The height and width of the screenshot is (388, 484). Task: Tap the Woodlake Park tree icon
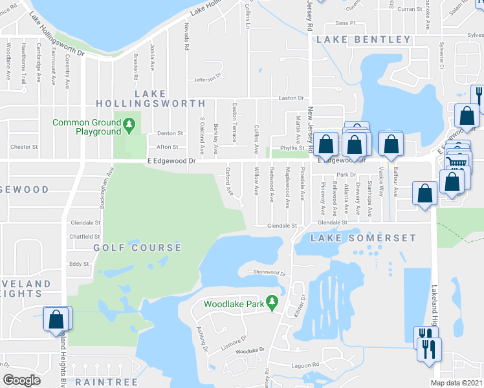tap(272, 302)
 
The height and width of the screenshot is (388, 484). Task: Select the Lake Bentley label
tap(363, 40)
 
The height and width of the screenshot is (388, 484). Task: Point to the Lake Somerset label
tap(363, 239)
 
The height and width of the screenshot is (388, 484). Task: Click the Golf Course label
tap(137, 248)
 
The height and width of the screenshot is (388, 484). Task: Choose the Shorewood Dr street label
tap(269, 273)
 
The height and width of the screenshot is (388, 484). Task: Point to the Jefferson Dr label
tap(207, 80)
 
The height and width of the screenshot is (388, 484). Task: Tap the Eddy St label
tap(79, 264)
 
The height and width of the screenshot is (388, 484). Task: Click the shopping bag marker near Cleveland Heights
tap(56, 319)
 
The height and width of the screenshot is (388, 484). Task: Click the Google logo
tap(21, 380)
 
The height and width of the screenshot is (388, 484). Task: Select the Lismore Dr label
tap(234, 339)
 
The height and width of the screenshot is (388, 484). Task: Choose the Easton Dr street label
tap(291, 98)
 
